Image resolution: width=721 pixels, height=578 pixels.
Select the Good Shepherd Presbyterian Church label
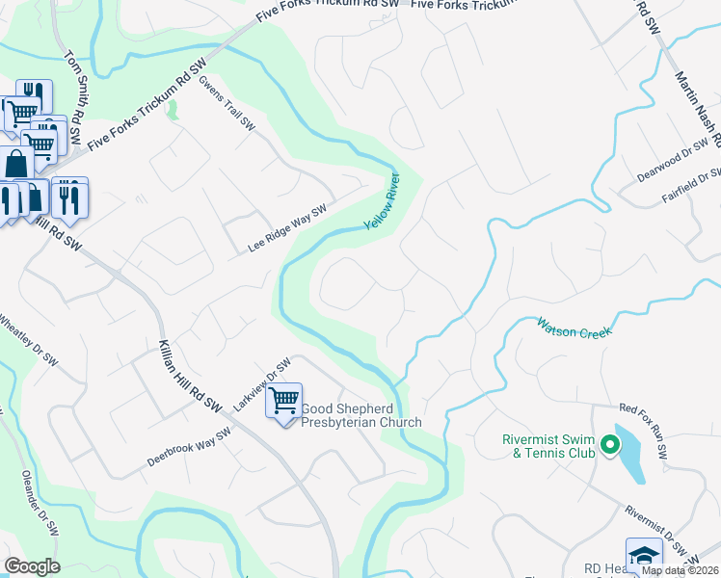[361, 415]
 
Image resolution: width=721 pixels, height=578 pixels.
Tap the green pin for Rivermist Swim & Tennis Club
[609, 444]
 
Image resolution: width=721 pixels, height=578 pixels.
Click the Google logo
[32, 565]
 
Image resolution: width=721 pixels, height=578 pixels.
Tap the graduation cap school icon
[643, 555]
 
